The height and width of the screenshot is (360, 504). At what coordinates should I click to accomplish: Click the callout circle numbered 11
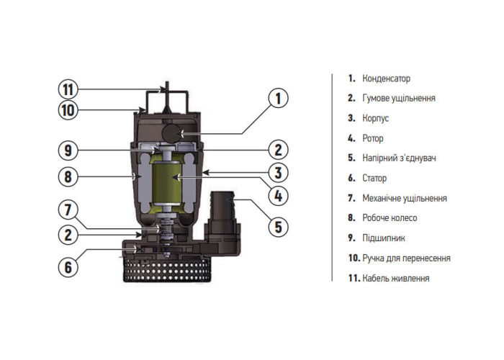tap(68, 90)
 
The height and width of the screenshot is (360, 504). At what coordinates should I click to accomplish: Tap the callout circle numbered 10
tap(68, 110)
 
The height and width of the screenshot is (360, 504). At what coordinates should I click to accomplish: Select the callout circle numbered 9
tap(68, 150)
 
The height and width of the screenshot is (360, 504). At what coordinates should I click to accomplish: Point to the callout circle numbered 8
tap(68, 176)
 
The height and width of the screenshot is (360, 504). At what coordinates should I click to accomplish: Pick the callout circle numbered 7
tap(68, 211)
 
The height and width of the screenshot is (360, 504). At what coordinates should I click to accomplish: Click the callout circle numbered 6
tap(68, 266)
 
